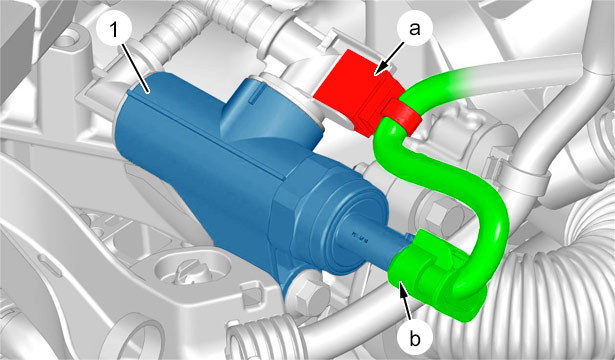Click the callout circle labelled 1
tap(115, 31)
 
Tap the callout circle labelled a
tap(415, 29)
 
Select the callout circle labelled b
tap(415, 339)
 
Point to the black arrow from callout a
tap(389, 58)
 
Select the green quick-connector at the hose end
tap(435, 275)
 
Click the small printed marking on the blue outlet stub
tap(359, 236)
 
